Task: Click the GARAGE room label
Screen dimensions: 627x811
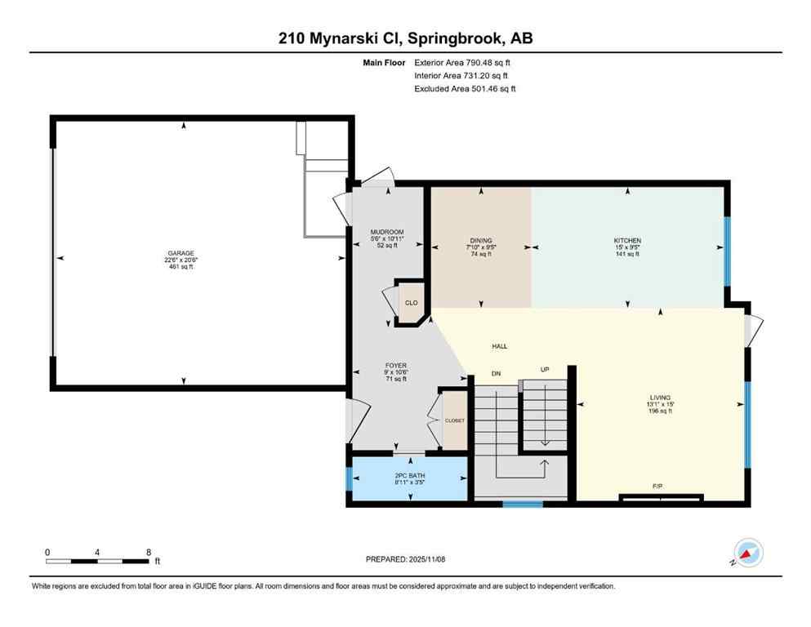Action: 183,253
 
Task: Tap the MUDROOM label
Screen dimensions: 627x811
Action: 387,233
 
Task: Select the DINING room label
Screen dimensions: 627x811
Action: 481,241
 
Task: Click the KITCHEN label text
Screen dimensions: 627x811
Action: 627,241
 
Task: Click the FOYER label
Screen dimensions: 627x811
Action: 396,366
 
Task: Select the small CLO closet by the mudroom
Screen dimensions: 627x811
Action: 412,303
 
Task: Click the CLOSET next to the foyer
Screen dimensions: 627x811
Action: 454,420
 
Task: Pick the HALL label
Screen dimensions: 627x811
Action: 499,346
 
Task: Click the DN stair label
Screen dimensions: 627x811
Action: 495,373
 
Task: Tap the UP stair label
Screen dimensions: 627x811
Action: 545,369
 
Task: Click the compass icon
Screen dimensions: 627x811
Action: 747,553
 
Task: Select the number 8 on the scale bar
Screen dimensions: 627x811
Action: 148,552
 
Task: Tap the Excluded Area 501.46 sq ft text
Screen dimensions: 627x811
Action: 465,88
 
